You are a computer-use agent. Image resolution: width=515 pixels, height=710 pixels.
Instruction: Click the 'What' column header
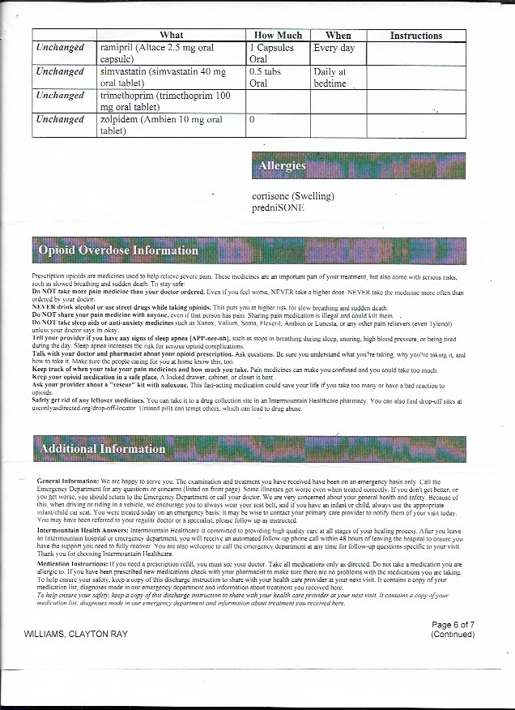pyautogui.click(x=172, y=36)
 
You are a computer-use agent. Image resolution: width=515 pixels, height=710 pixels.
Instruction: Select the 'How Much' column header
pyautogui.click(x=278, y=36)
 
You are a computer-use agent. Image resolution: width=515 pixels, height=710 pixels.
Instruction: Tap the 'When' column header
pyautogui.click(x=338, y=36)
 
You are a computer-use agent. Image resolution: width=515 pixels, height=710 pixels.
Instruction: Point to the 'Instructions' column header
pyautogui.click(x=415, y=36)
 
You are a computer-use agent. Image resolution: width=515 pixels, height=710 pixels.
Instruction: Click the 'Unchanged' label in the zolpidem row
pyautogui.click(x=61, y=120)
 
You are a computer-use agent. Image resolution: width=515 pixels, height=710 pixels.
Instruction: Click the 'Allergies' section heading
pyautogui.click(x=282, y=166)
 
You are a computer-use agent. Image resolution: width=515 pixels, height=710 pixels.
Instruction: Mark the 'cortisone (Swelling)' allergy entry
pyautogui.click(x=293, y=195)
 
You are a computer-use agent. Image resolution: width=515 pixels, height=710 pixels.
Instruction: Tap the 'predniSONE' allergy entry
pyautogui.click(x=279, y=207)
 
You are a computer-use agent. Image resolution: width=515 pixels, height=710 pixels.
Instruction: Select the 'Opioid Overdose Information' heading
pyautogui.click(x=118, y=250)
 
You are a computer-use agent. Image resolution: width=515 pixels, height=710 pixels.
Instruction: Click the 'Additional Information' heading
pyautogui.click(x=102, y=449)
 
